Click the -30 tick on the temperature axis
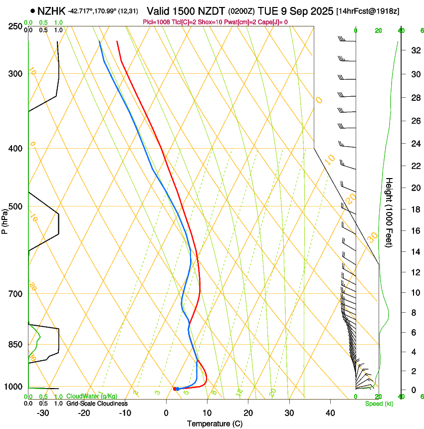tap(43, 413)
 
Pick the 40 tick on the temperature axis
tap(330, 413)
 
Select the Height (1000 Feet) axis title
tap(390, 212)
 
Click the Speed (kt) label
tap(379, 404)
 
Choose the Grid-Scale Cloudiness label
tap(97, 404)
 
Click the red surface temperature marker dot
tap(175, 389)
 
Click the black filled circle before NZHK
tap(33, 10)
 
